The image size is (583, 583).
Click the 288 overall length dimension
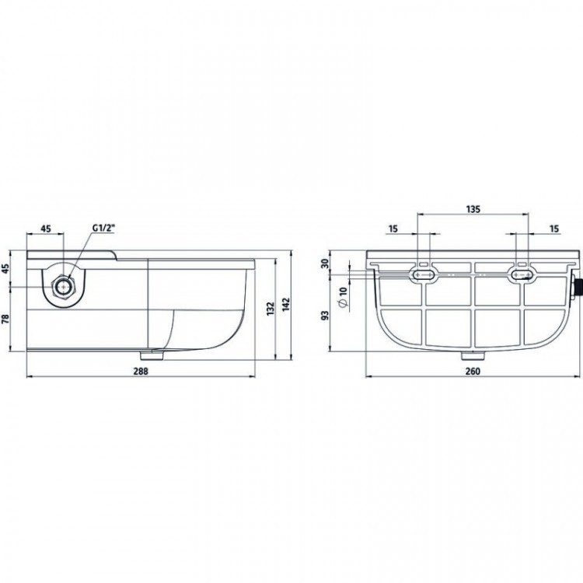(x=141, y=371)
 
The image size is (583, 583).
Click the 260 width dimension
(x=473, y=371)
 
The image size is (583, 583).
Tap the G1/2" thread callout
(x=103, y=229)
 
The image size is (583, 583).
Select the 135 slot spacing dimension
(x=473, y=209)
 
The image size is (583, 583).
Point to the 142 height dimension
(x=285, y=305)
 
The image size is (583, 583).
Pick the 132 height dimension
(x=271, y=309)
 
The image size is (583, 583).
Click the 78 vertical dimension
(x=6, y=319)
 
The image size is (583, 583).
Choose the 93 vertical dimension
(x=325, y=316)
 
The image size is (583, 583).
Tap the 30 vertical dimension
(x=325, y=264)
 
